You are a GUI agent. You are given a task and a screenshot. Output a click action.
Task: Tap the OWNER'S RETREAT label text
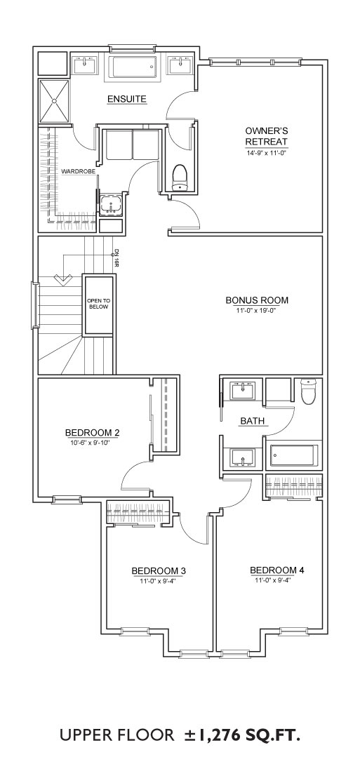click(266, 136)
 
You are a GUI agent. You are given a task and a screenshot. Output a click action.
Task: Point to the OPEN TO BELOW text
click(98, 304)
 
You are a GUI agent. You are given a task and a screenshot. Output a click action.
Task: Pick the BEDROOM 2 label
click(93, 433)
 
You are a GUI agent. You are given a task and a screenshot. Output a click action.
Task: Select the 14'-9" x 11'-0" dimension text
click(266, 152)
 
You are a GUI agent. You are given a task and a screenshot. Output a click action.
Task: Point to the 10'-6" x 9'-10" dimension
click(93, 442)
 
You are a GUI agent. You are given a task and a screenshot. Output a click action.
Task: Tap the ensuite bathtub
click(133, 67)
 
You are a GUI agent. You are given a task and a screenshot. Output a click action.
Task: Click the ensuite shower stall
click(54, 101)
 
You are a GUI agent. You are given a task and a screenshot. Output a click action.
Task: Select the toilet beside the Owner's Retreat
click(180, 176)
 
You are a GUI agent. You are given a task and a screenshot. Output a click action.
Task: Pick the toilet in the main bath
click(309, 391)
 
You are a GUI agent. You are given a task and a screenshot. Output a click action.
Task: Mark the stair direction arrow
click(62, 280)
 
